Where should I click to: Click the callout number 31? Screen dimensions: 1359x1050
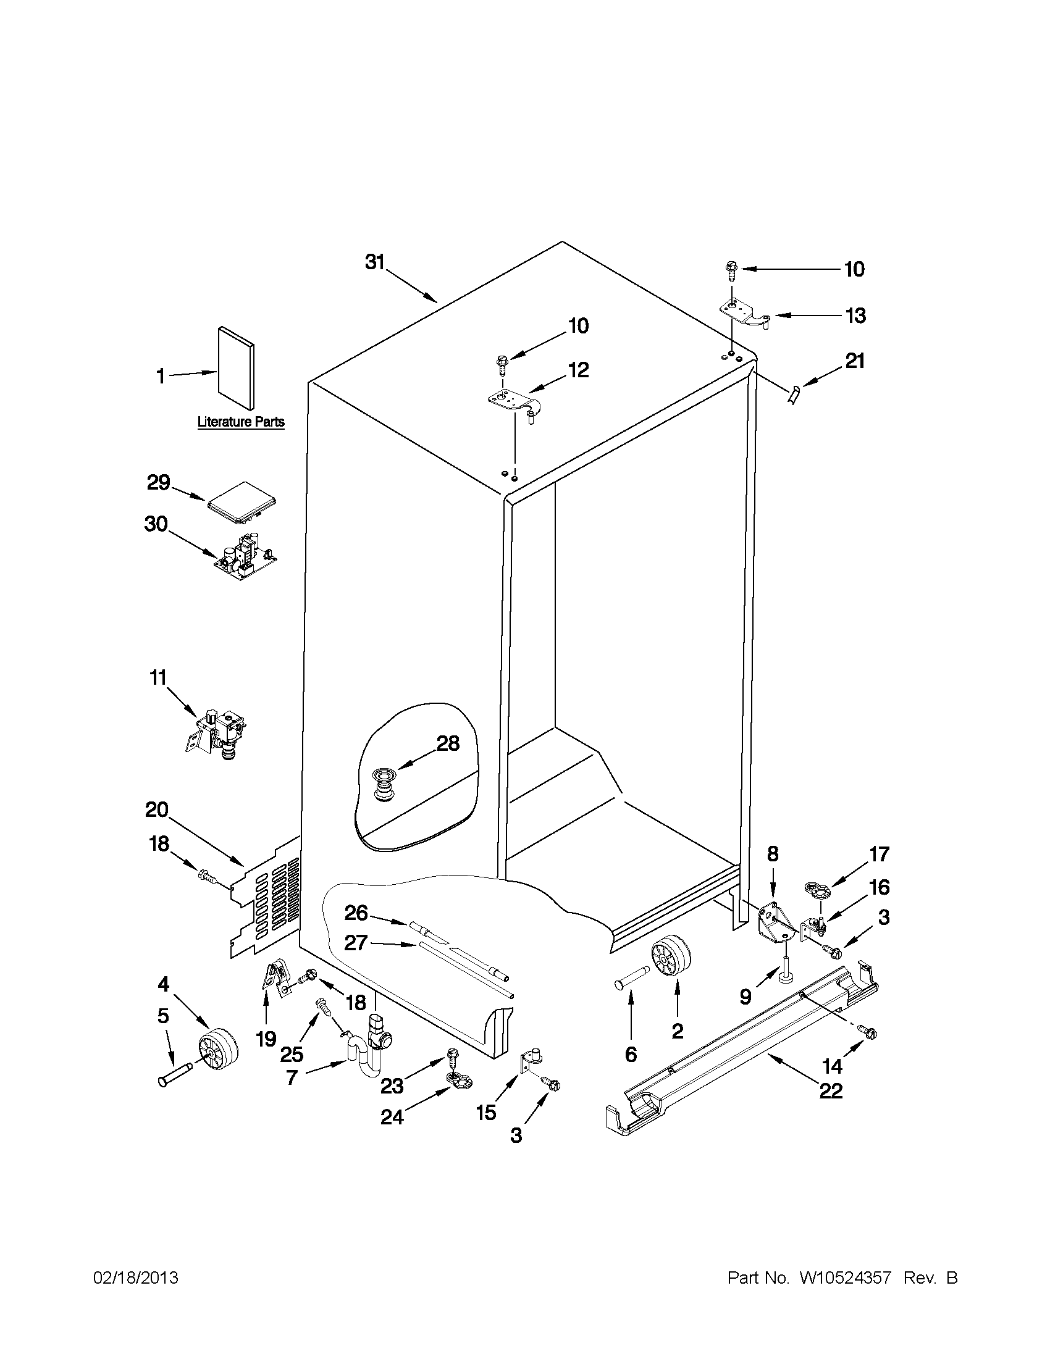pos(375,262)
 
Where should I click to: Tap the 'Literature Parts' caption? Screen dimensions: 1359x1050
pos(241,422)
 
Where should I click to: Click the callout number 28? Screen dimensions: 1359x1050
pos(448,743)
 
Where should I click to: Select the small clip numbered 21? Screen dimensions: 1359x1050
pos(793,395)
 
